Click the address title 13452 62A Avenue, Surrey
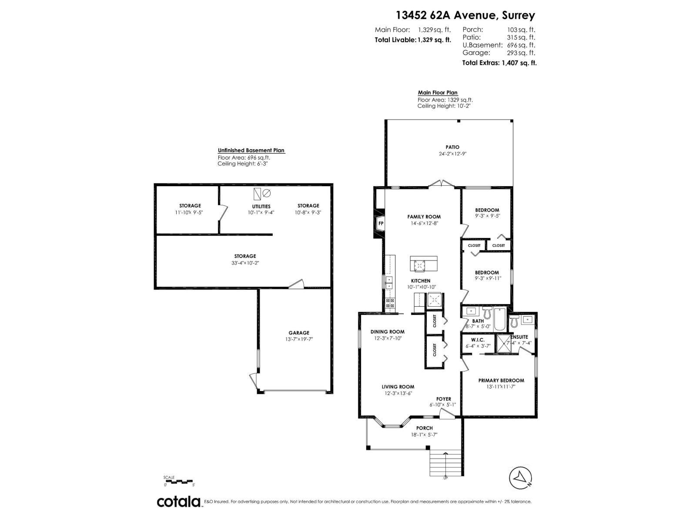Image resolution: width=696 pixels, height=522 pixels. click(465, 15)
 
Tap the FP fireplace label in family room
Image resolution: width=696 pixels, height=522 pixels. click(381, 224)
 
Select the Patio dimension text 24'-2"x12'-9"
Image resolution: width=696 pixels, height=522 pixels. click(452, 154)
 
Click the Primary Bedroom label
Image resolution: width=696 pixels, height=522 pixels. click(501, 380)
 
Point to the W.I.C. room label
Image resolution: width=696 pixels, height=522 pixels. click(472, 339)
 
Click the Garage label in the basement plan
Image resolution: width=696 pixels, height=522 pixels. click(299, 333)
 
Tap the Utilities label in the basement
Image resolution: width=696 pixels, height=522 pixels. click(261, 206)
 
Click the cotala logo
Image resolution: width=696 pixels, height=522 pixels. click(178, 502)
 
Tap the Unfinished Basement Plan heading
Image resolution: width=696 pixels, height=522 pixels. click(251, 151)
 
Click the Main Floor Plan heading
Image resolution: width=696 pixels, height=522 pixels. click(438, 93)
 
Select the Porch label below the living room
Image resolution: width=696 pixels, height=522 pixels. click(424, 428)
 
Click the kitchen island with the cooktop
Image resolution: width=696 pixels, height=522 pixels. click(424, 264)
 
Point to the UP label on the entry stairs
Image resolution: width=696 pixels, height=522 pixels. click(445, 478)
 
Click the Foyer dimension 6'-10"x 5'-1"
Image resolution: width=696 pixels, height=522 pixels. click(443, 405)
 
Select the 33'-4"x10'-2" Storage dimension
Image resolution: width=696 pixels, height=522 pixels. click(245, 263)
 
